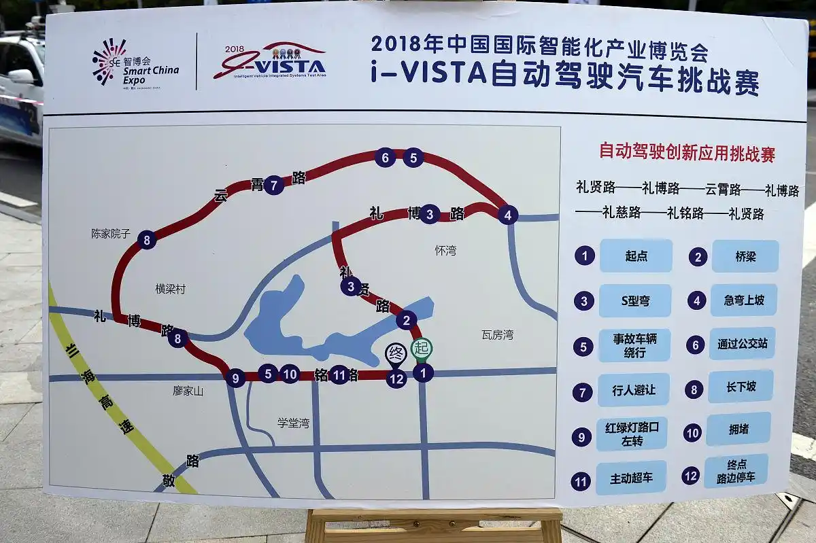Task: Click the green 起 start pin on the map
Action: tap(422, 349)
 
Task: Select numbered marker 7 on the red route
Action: tap(273, 185)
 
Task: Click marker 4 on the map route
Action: tap(507, 215)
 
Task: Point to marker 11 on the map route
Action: tap(339, 374)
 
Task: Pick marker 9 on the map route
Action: tap(235, 378)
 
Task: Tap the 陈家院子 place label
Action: tap(110, 233)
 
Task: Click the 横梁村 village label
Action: tap(170, 289)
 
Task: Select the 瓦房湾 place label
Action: tap(497, 334)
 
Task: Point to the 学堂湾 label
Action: tap(293, 423)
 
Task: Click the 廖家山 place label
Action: tap(188, 391)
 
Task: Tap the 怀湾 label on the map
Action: tap(445, 250)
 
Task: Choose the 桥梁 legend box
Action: tap(745, 256)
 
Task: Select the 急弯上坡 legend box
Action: tap(743, 300)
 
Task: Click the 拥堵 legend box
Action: tap(738, 429)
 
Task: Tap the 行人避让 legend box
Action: tap(633, 390)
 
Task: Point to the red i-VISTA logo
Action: tap(271, 62)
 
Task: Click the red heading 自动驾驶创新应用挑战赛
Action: tap(686, 152)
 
